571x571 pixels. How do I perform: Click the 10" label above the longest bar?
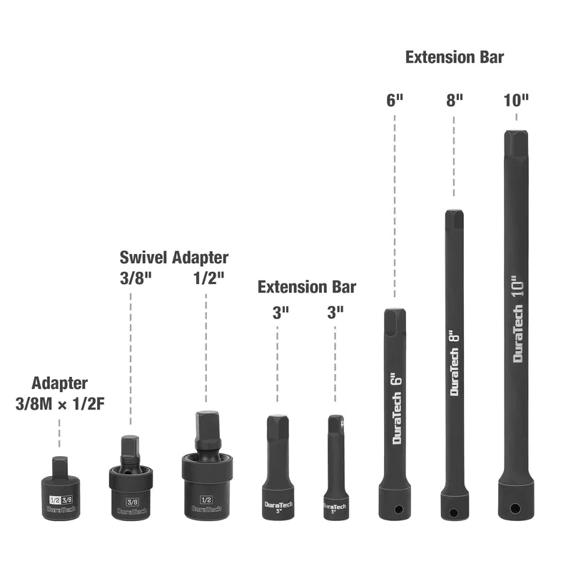(x=516, y=101)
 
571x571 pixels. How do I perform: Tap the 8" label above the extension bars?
(x=455, y=101)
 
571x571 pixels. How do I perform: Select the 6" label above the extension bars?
(x=395, y=101)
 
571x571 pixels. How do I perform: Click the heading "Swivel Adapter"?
(x=174, y=258)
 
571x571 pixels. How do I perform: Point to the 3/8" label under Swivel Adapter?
(x=136, y=278)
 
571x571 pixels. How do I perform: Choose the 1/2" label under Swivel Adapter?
(x=208, y=278)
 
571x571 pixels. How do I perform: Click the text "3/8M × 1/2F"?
(x=60, y=404)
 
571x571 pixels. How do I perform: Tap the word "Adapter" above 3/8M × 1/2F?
(x=60, y=383)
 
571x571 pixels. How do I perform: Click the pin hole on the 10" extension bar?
(x=515, y=508)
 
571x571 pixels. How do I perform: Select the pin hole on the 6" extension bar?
(x=399, y=509)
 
